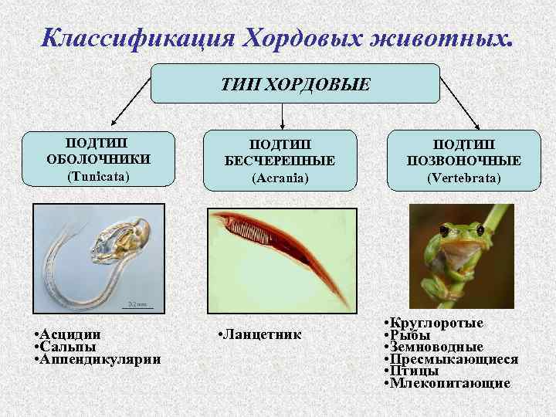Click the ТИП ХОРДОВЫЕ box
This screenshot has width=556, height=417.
coord(295,83)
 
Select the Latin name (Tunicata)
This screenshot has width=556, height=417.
coord(97,176)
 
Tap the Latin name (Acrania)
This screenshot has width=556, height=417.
coord(280,178)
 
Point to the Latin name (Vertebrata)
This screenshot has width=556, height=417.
coord(465,178)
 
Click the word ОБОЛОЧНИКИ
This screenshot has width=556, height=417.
coord(97,159)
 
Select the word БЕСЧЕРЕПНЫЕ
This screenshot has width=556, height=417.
coord(280,161)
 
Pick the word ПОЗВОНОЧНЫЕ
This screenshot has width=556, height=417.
coord(465,161)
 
